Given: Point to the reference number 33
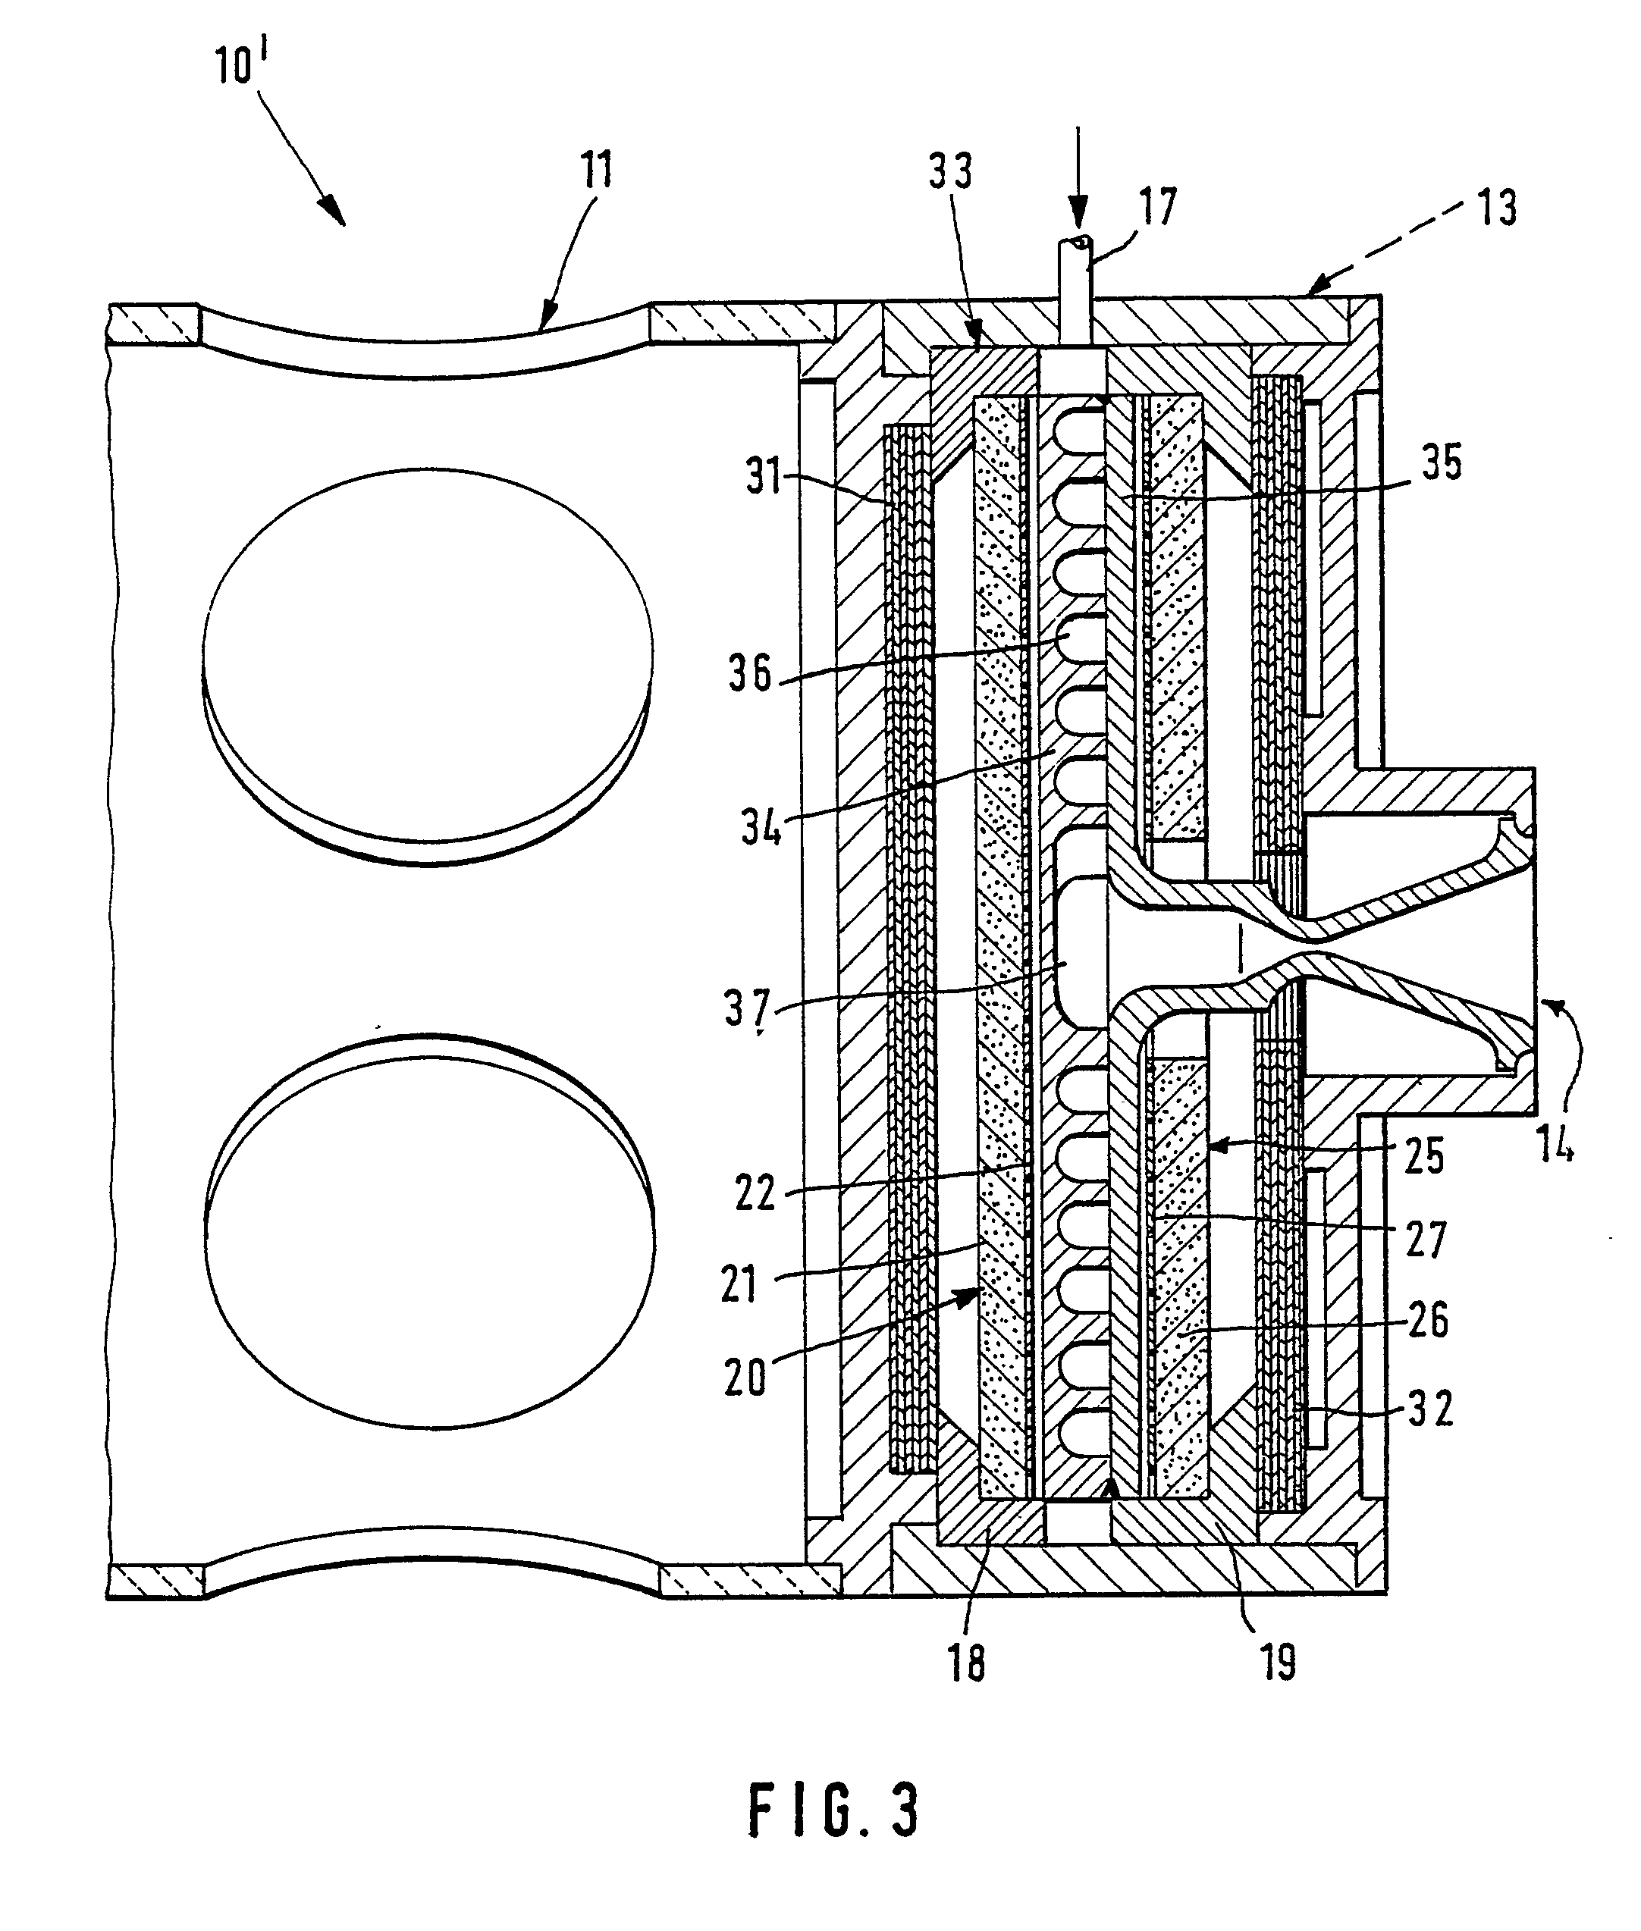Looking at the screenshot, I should (x=950, y=171).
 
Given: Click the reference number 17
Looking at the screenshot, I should (x=1158, y=206).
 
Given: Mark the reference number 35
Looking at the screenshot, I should (x=1442, y=462).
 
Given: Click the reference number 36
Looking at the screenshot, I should (x=750, y=672).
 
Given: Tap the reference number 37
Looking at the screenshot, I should (x=748, y=1008).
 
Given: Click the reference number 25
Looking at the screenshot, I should (x=1423, y=1156).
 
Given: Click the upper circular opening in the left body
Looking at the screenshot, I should (x=427, y=667).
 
